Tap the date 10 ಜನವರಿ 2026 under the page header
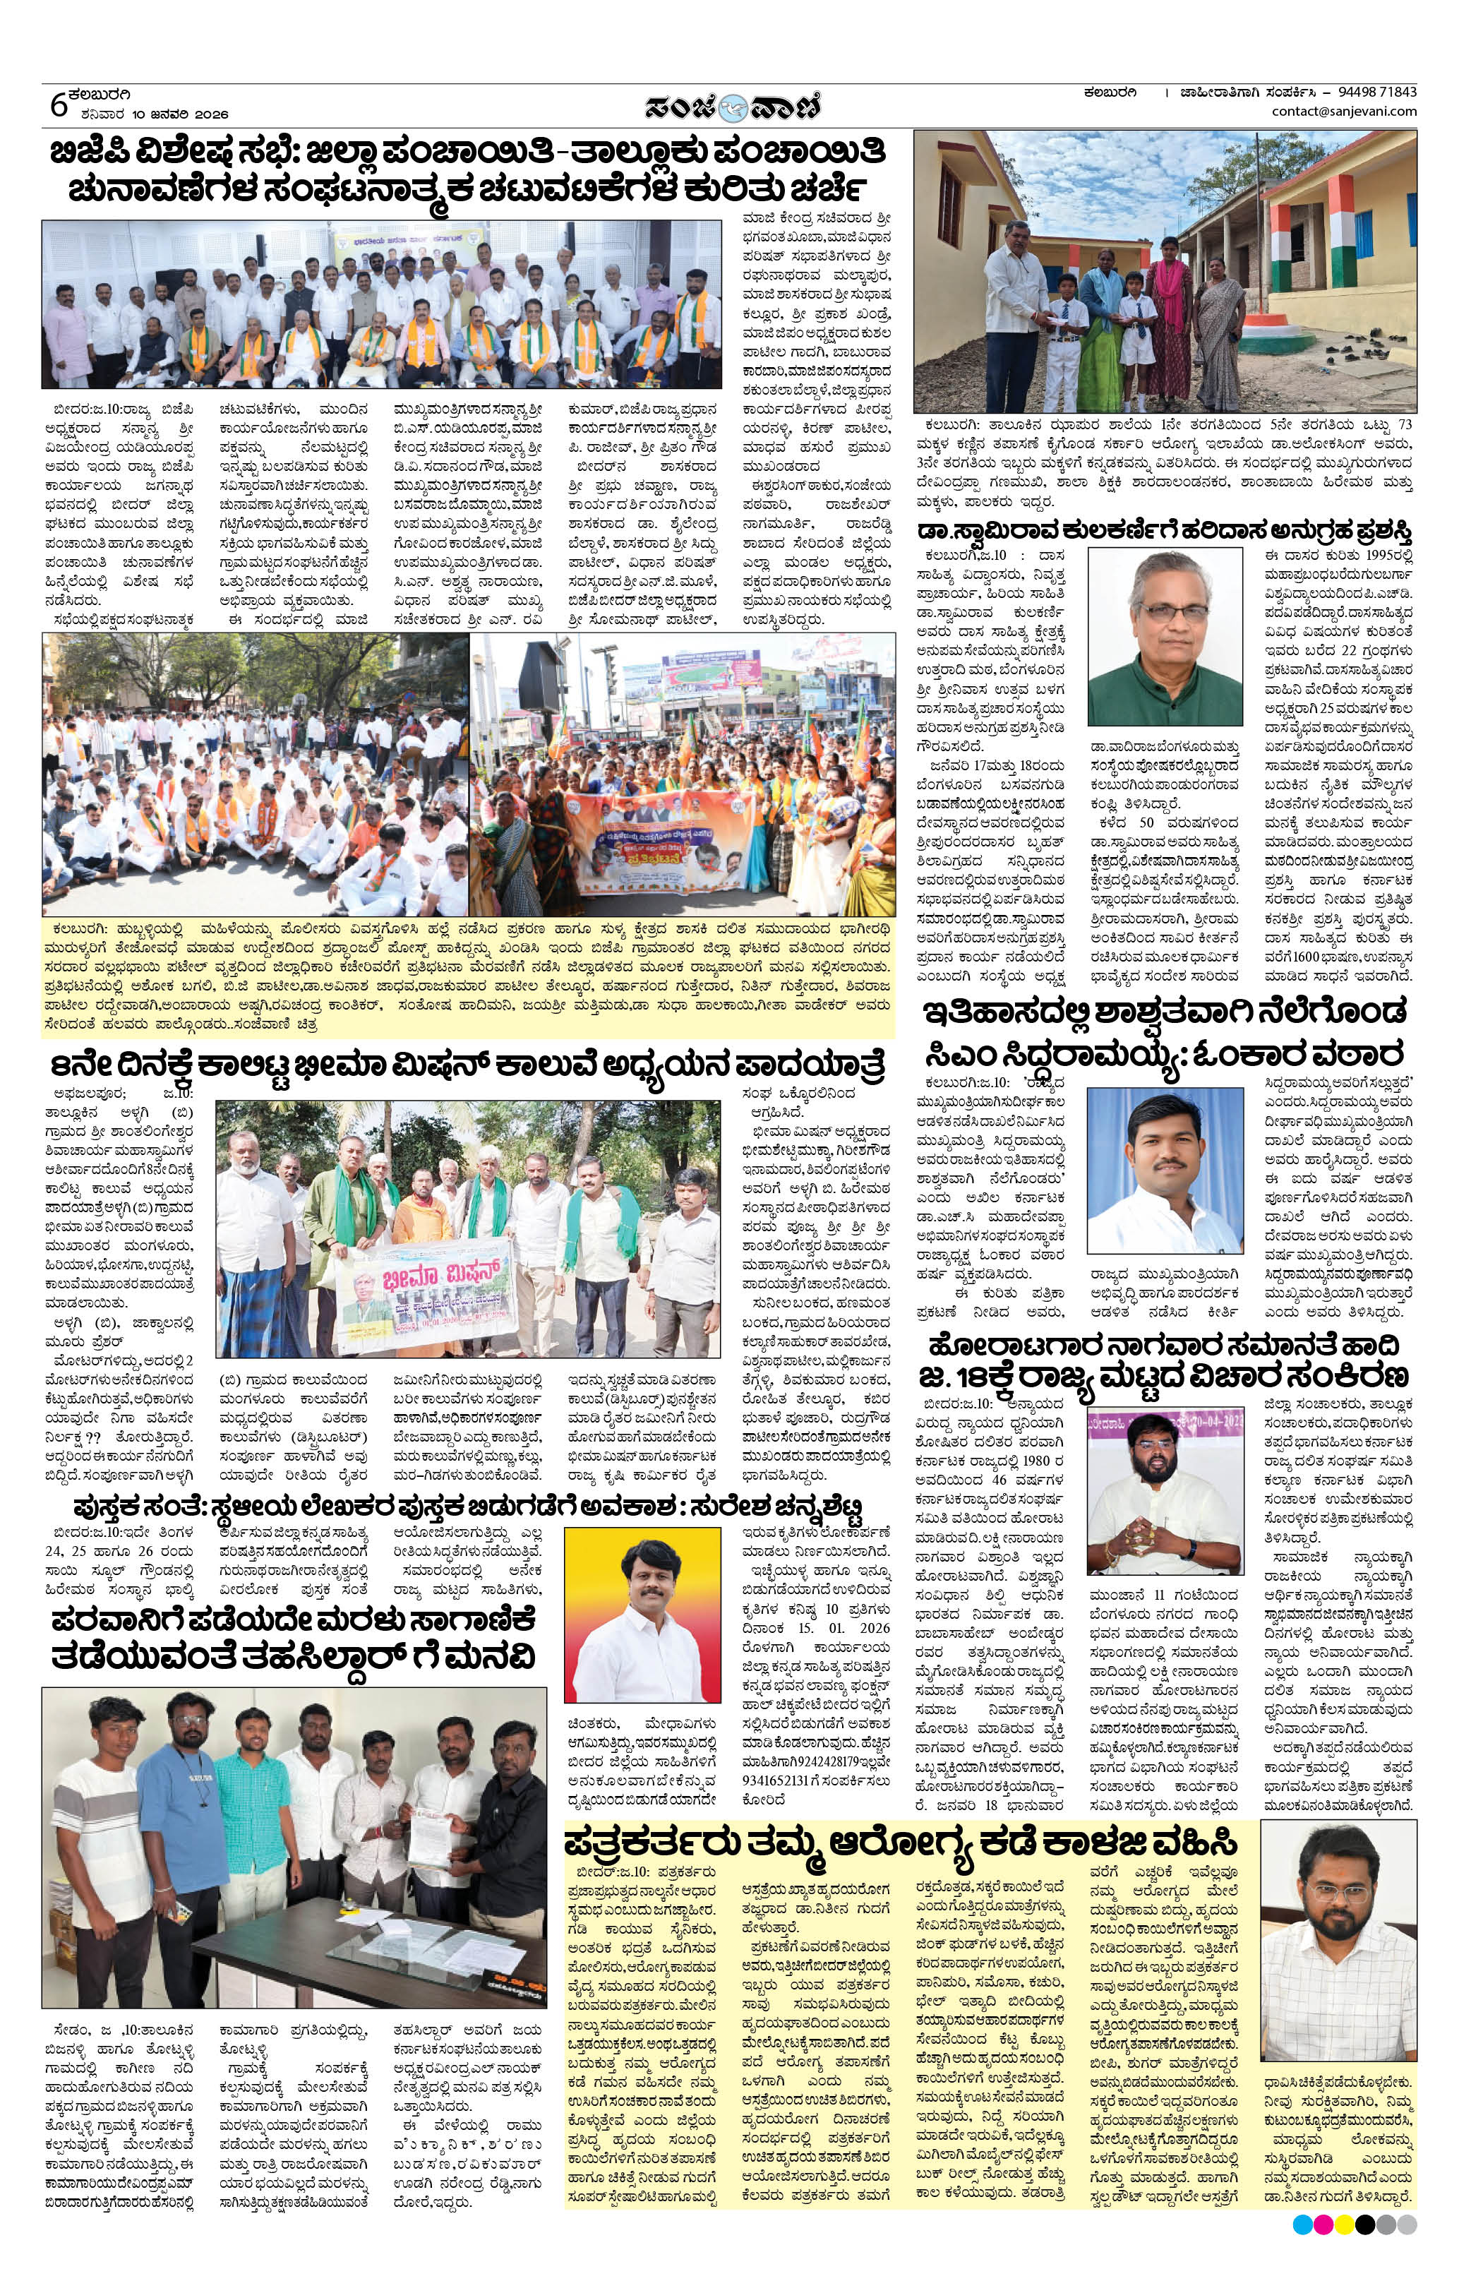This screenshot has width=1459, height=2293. pyautogui.click(x=183, y=114)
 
